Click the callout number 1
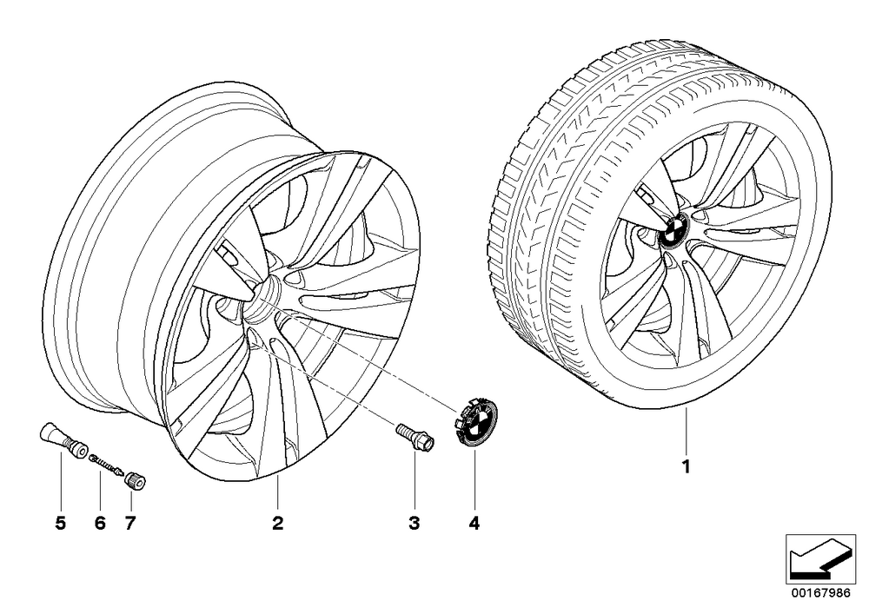point(687,466)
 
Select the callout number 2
point(278,523)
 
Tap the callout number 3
point(414,523)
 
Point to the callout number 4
point(474,523)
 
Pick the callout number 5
point(61,523)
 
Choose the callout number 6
point(100,523)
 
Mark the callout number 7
point(130,523)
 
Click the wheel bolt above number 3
point(415,436)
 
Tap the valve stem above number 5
point(62,440)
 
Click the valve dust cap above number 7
point(136,479)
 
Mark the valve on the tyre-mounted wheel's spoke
point(645,195)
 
